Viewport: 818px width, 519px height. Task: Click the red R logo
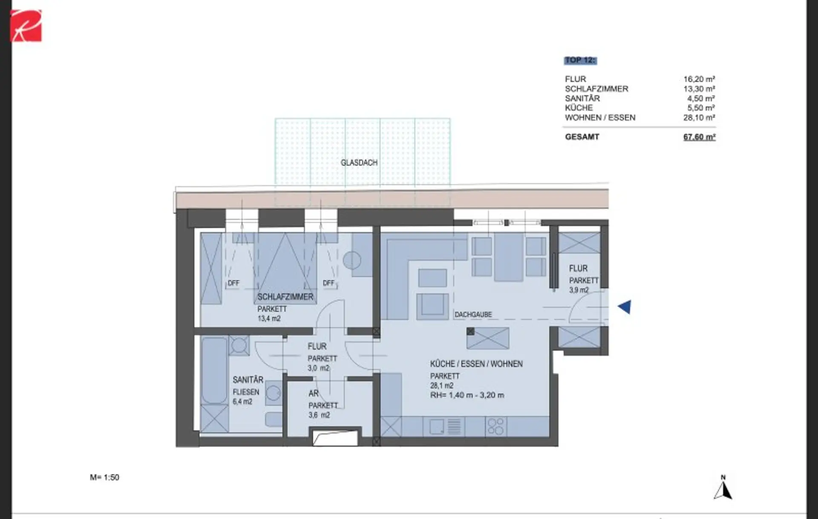click(26, 26)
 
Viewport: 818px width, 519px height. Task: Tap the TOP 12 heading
click(580, 60)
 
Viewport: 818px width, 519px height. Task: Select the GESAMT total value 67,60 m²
click(699, 137)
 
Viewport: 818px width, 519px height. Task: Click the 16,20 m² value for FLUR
click(699, 79)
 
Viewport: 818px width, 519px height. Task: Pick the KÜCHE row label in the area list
click(579, 108)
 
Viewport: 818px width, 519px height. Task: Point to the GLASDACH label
click(359, 163)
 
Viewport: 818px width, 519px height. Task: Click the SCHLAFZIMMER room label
click(285, 297)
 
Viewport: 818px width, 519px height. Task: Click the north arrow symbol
click(723, 487)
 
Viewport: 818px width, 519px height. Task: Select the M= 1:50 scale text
click(104, 478)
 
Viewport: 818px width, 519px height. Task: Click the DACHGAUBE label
click(473, 315)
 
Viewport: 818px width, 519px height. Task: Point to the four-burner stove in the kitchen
click(496, 426)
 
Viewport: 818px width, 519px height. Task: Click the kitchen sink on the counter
click(436, 426)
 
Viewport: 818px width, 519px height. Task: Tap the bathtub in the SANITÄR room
click(214, 370)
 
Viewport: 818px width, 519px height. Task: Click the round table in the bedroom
click(352, 260)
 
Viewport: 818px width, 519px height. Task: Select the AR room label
click(314, 393)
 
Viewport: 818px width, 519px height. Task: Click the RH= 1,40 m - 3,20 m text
click(467, 395)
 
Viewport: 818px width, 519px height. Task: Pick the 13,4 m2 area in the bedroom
click(269, 318)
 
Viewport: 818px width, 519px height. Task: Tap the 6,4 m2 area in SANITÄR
click(242, 401)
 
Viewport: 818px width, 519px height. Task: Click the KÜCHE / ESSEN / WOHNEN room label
click(476, 364)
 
